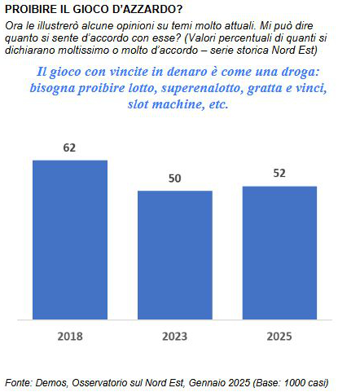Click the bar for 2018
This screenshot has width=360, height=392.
[70, 240]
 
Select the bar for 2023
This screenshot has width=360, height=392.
[175, 255]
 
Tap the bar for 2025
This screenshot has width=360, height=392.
[279, 253]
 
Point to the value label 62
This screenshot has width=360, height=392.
[69, 148]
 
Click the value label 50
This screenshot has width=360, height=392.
[174, 178]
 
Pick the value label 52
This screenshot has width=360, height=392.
[279, 174]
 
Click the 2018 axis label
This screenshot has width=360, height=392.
[70, 337]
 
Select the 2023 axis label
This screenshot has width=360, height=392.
[175, 337]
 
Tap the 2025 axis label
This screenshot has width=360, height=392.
[279, 337]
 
